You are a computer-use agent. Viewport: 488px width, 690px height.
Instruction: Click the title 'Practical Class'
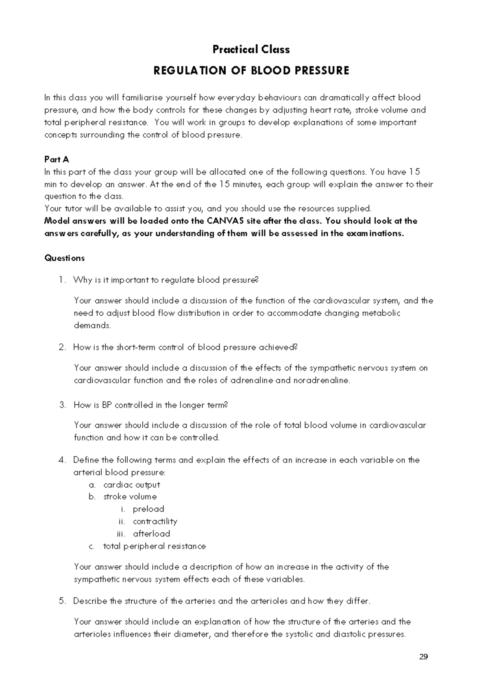pos(251,50)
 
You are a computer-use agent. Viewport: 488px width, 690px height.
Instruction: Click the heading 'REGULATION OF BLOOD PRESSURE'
pos(251,71)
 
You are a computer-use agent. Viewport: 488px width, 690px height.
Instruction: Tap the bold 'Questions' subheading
pos(64,258)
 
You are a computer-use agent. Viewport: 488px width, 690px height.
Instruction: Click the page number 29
pos(423,657)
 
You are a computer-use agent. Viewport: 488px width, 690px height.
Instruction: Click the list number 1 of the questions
pos(61,280)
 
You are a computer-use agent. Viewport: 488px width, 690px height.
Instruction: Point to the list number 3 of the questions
pos(62,405)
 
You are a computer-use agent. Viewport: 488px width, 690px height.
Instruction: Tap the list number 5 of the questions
pos(62,601)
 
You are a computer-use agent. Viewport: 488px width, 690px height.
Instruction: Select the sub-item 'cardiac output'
pos(132,485)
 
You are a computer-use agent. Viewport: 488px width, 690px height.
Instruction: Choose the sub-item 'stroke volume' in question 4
pos(130,497)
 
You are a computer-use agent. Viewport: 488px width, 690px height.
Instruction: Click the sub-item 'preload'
pos(148,509)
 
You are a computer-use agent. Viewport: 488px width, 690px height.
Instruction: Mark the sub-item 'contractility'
pos(155,521)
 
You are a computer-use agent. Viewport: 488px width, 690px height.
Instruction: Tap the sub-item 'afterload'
pos(151,534)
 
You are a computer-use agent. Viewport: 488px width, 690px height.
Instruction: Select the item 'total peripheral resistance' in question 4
pos(155,546)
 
